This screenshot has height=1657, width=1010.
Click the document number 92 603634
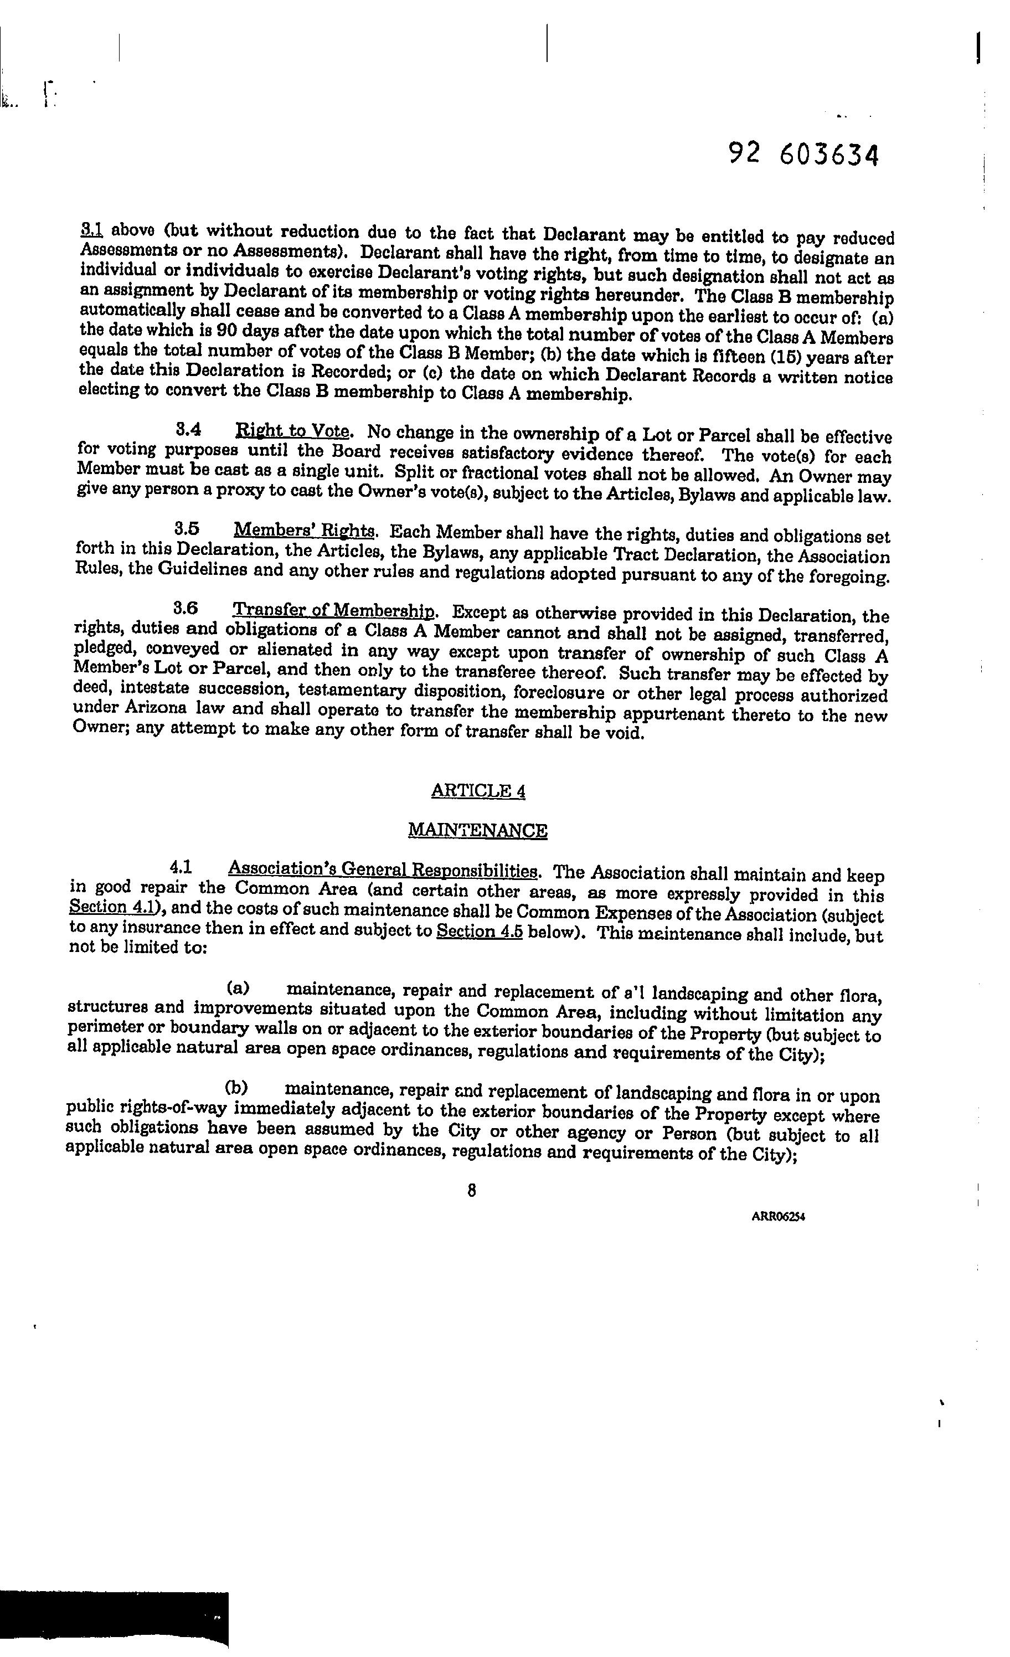[x=803, y=155]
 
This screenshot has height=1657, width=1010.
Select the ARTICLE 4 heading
[x=478, y=791]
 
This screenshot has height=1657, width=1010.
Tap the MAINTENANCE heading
[x=477, y=831]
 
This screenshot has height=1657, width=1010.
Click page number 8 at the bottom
[x=471, y=1191]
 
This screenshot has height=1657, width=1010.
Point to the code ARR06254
[x=778, y=1216]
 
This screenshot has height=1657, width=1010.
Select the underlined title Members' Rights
[x=305, y=531]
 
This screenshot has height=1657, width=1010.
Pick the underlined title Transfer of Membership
[x=333, y=611]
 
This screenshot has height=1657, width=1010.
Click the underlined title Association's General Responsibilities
[x=383, y=869]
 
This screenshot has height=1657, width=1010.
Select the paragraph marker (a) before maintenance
[x=238, y=989]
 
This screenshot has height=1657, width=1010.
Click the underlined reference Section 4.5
[x=480, y=932]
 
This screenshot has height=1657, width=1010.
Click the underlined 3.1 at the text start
[x=91, y=230]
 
